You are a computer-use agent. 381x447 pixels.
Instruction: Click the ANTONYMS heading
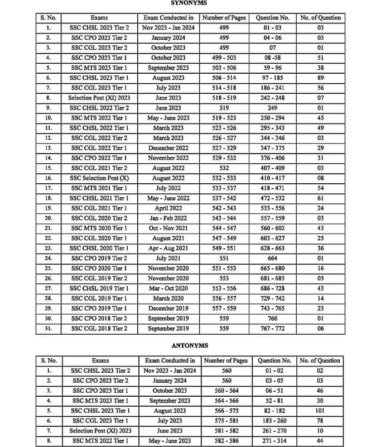coord(190,346)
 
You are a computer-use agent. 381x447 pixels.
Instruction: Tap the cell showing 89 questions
coord(320,78)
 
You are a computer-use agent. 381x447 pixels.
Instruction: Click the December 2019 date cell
coord(168,308)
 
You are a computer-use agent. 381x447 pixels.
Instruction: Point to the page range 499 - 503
coord(224,58)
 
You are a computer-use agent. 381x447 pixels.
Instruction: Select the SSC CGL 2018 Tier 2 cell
coord(100,329)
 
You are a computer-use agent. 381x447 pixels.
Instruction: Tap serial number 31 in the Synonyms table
coord(49,329)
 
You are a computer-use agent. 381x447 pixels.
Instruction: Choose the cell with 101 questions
coord(320,410)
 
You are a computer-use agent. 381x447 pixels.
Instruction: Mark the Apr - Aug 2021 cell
coord(168,248)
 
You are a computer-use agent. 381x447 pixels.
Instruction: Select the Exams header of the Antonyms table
coord(100,360)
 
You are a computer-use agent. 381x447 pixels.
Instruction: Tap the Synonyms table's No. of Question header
coord(320,17)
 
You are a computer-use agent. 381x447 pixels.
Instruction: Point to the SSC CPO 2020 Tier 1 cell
coord(100,268)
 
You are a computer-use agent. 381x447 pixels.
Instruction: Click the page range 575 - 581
coord(226,420)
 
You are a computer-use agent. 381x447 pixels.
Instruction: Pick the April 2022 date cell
coord(168,208)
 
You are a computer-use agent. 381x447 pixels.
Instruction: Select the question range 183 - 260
coord(274,420)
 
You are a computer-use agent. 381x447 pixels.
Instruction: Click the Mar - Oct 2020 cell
coord(168,288)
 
